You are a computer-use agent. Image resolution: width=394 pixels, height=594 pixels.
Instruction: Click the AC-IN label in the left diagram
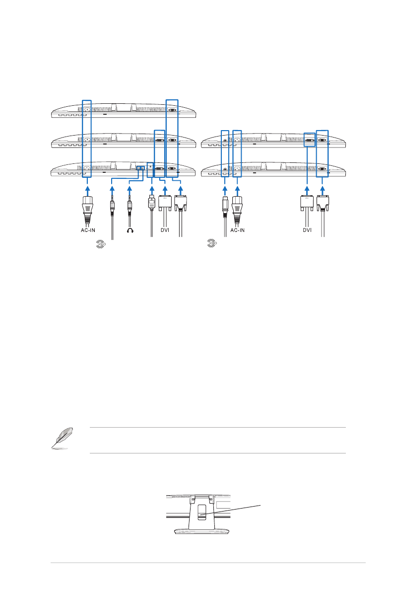coord(88,230)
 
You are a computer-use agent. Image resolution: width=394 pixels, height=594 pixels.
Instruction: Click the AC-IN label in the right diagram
coord(237,230)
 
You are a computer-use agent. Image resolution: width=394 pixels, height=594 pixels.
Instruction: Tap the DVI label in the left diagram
coord(165,230)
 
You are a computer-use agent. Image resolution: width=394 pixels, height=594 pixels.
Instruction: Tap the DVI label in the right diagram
coord(307,230)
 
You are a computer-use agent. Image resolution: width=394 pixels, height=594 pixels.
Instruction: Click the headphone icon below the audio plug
coord(130,230)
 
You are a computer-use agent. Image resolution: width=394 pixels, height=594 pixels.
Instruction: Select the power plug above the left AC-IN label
coord(87,210)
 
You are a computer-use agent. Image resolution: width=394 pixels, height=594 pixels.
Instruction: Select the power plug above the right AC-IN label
coord(237,210)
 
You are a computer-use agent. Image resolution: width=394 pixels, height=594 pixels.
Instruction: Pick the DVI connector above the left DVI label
coord(165,203)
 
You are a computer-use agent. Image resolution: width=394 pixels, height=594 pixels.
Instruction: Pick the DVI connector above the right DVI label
coord(307,203)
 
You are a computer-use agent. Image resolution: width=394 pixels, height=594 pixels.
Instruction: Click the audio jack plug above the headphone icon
coord(130,207)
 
